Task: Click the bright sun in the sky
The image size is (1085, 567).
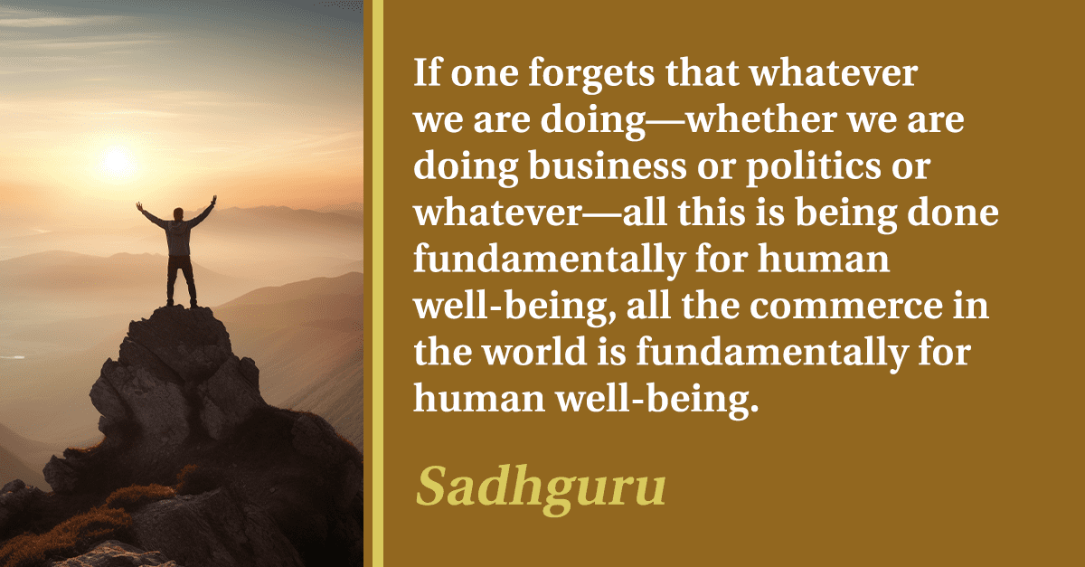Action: pos(117,161)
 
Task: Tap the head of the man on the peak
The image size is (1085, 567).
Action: pos(179,213)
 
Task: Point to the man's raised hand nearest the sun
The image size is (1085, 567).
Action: pos(139,206)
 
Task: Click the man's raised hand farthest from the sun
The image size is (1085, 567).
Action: pos(213,200)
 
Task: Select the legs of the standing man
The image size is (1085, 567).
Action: pos(182,281)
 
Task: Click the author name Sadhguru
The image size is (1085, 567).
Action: pos(541,487)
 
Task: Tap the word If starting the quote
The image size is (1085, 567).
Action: pos(428,72)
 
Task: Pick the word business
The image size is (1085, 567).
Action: pos(608,165)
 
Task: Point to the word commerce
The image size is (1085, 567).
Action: pos(846,307)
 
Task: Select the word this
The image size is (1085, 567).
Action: pos(712,213)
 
